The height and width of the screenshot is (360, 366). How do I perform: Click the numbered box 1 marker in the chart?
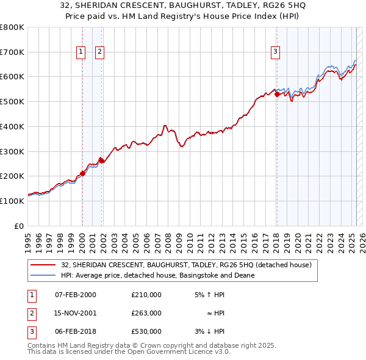[x=81, y=52]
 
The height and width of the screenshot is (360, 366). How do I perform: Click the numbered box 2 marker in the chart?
[x=99, y=52]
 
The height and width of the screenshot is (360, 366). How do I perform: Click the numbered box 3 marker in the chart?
[x=276, y=52]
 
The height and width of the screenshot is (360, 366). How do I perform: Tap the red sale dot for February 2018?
[x=276, y=94]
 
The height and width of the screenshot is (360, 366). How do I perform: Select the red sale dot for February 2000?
[x=82, y=173]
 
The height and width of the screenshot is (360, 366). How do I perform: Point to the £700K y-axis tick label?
[x=12, y=52]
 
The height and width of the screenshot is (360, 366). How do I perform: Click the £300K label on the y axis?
[x=12, y=151]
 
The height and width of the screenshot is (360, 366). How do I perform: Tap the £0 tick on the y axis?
[x=20, y=226]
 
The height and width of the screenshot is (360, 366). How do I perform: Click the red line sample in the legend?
[x=43, y=265]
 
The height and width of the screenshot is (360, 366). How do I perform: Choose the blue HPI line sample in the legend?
[x=43, y=275]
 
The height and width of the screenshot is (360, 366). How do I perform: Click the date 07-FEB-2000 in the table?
[x=76, y=295]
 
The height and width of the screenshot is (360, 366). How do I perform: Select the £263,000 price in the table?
[x=146, y=313]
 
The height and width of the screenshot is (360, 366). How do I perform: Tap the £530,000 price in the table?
[x=146, y=331]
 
